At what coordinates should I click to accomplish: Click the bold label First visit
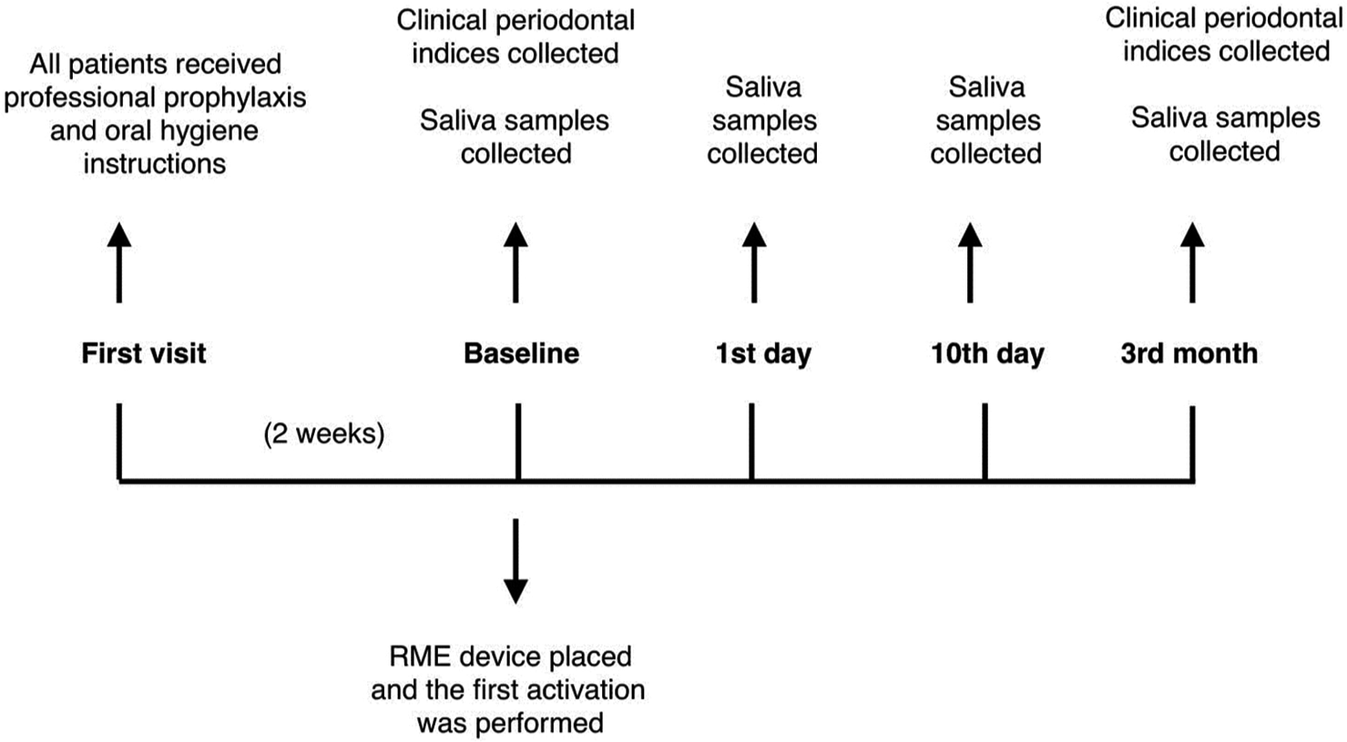144,353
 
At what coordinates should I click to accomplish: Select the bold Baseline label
521,353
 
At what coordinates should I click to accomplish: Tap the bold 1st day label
763,354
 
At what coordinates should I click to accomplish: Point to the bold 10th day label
987,354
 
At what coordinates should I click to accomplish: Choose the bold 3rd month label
1189,353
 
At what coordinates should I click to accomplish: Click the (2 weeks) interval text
324,433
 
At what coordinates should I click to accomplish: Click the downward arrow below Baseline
516,561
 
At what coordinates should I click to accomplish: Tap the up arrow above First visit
119,263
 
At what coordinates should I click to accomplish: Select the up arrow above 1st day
754,263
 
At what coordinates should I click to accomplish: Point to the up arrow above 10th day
970,263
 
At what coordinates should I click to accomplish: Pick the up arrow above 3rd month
1192,263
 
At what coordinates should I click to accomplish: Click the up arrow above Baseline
516,263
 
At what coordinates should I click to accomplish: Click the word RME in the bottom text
421,656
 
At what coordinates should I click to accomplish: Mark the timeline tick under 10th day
985,442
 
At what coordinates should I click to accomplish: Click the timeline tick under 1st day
751,442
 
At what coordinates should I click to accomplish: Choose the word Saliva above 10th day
986,87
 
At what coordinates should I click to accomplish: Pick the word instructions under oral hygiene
155,164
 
